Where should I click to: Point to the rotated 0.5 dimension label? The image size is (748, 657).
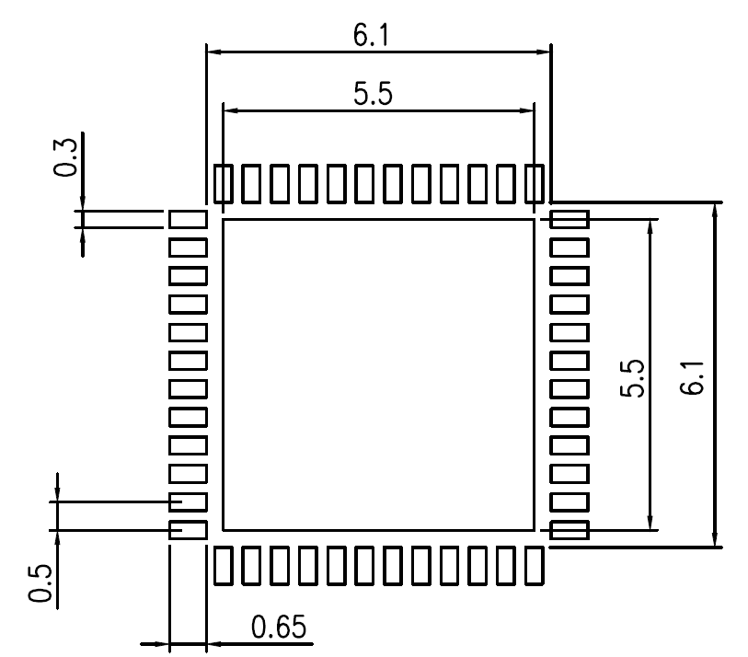tap(39, 582)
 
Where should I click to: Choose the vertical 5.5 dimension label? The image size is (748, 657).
tap(631, 378)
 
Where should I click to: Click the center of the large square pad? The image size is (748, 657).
tap(378, 375)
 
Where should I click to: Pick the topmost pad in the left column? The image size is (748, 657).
tap(188, 219)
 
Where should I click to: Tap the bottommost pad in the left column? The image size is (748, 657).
tap(188, 530)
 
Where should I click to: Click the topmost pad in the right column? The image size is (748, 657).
tap(570, 219)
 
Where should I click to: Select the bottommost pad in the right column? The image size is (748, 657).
tap(570, 530)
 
